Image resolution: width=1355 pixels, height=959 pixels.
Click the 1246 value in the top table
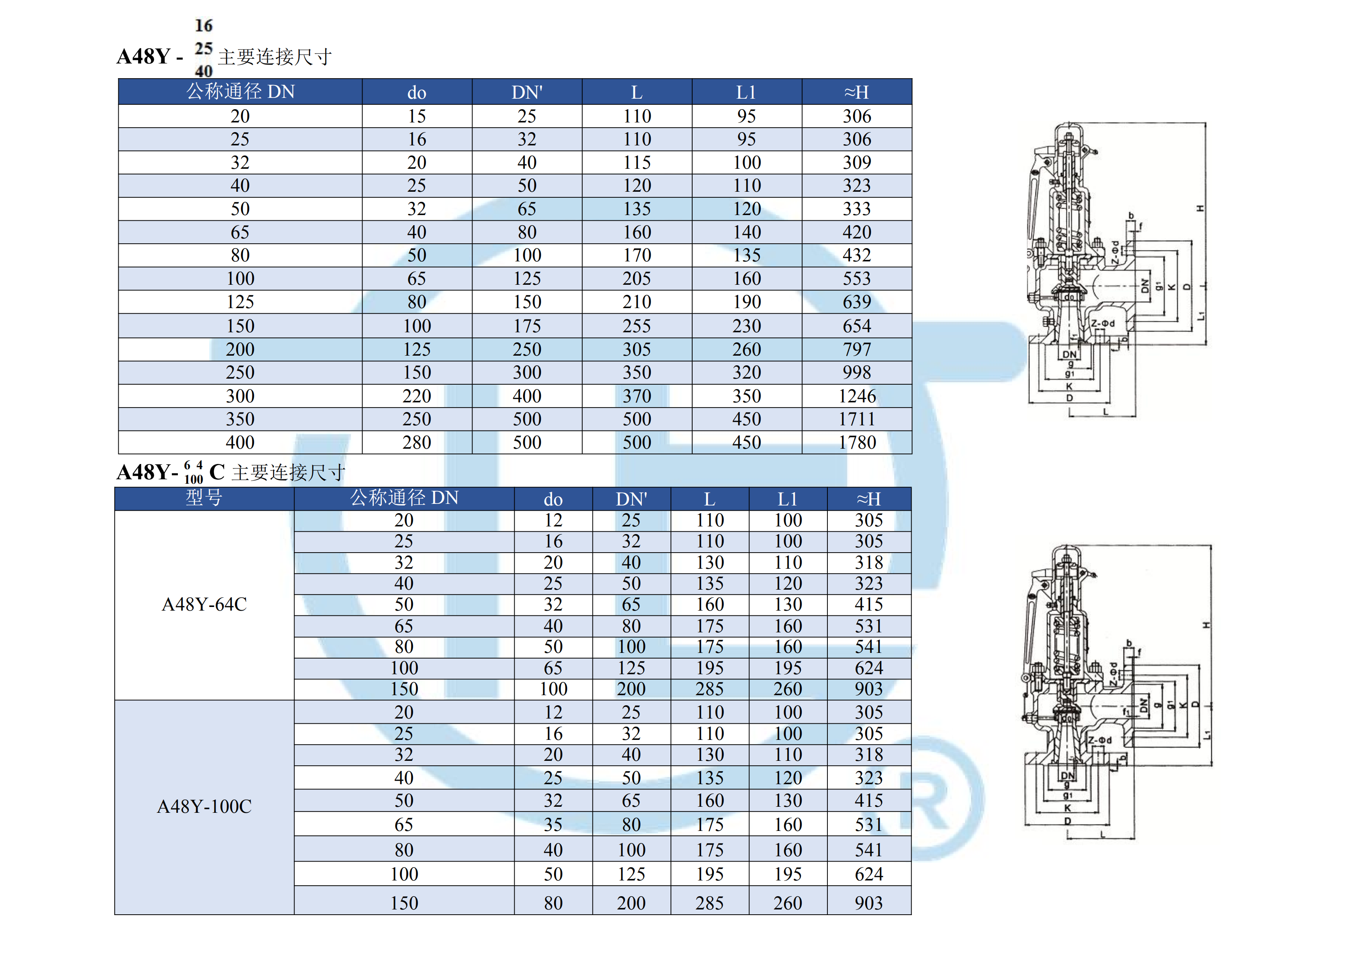pos(857,396)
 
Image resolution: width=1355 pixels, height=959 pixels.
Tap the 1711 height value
pos(857,419)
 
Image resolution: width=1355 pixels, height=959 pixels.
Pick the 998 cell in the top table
pos(857,373)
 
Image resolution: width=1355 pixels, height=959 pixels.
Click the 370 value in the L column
pos(637,396)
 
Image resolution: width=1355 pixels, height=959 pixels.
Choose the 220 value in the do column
pos(417,396)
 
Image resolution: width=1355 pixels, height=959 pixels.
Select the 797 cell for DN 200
pos(857,350)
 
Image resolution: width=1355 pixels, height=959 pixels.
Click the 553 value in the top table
pos(857,279)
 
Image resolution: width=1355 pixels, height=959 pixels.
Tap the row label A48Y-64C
pos(204,605)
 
